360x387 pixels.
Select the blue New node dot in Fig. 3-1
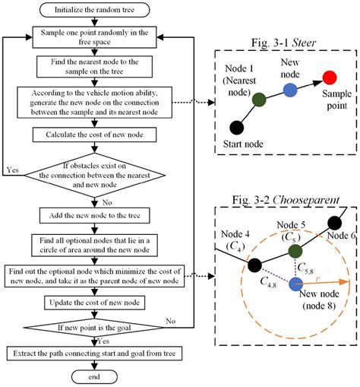[289, 90]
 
